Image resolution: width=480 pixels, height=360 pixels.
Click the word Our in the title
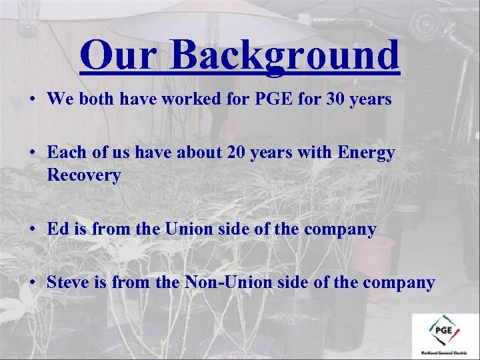(118, 55)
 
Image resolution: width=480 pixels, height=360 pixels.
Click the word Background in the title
(284, 56)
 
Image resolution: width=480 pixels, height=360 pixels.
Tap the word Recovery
(84, 176)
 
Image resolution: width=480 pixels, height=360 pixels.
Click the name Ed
(57, 229)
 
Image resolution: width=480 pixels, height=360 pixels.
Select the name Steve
(69, 282)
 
